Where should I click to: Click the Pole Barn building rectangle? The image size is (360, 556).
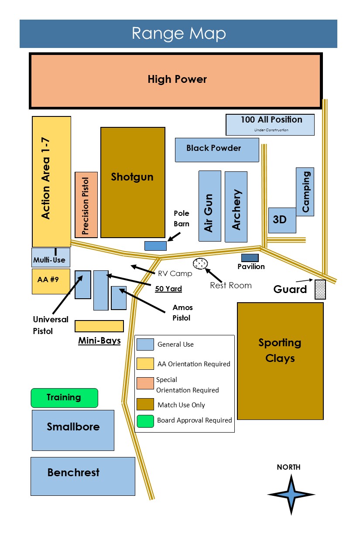click(x=155, y=246)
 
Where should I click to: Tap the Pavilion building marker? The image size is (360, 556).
click(x=250, y=258)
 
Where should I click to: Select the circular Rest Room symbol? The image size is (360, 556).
click(x=200, y=263)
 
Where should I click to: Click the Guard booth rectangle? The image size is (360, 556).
click(x=320, y=290)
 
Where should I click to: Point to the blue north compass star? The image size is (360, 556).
click(x=291, y=495)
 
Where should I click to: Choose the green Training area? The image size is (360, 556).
click(x=64, y=398)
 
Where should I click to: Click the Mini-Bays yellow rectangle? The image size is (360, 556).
click(x=99, y=326)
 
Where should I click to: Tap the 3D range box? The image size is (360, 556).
click(x=281, y=220)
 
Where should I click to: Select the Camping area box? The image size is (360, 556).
click(x=305, y=191)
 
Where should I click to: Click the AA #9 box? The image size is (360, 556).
click(x=51, y=281)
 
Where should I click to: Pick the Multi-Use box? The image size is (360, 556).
click(x=51, y=258)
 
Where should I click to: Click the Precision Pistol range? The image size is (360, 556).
click(x=86, y=205)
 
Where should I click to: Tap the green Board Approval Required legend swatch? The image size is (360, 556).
click(x=145, y=421)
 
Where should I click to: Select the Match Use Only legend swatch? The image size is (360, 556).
click(x=145, y=404)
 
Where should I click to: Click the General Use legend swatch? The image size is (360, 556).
click(x=145, y=344)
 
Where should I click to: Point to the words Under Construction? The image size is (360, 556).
click(x=271, y=130)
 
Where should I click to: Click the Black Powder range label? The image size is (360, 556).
click(x=213, y=148)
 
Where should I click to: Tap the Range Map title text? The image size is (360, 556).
click(x=178, y=34)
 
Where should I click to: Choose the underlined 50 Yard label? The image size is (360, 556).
click(x=168, y=289)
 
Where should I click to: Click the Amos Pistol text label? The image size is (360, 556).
click(x=182, y=313)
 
